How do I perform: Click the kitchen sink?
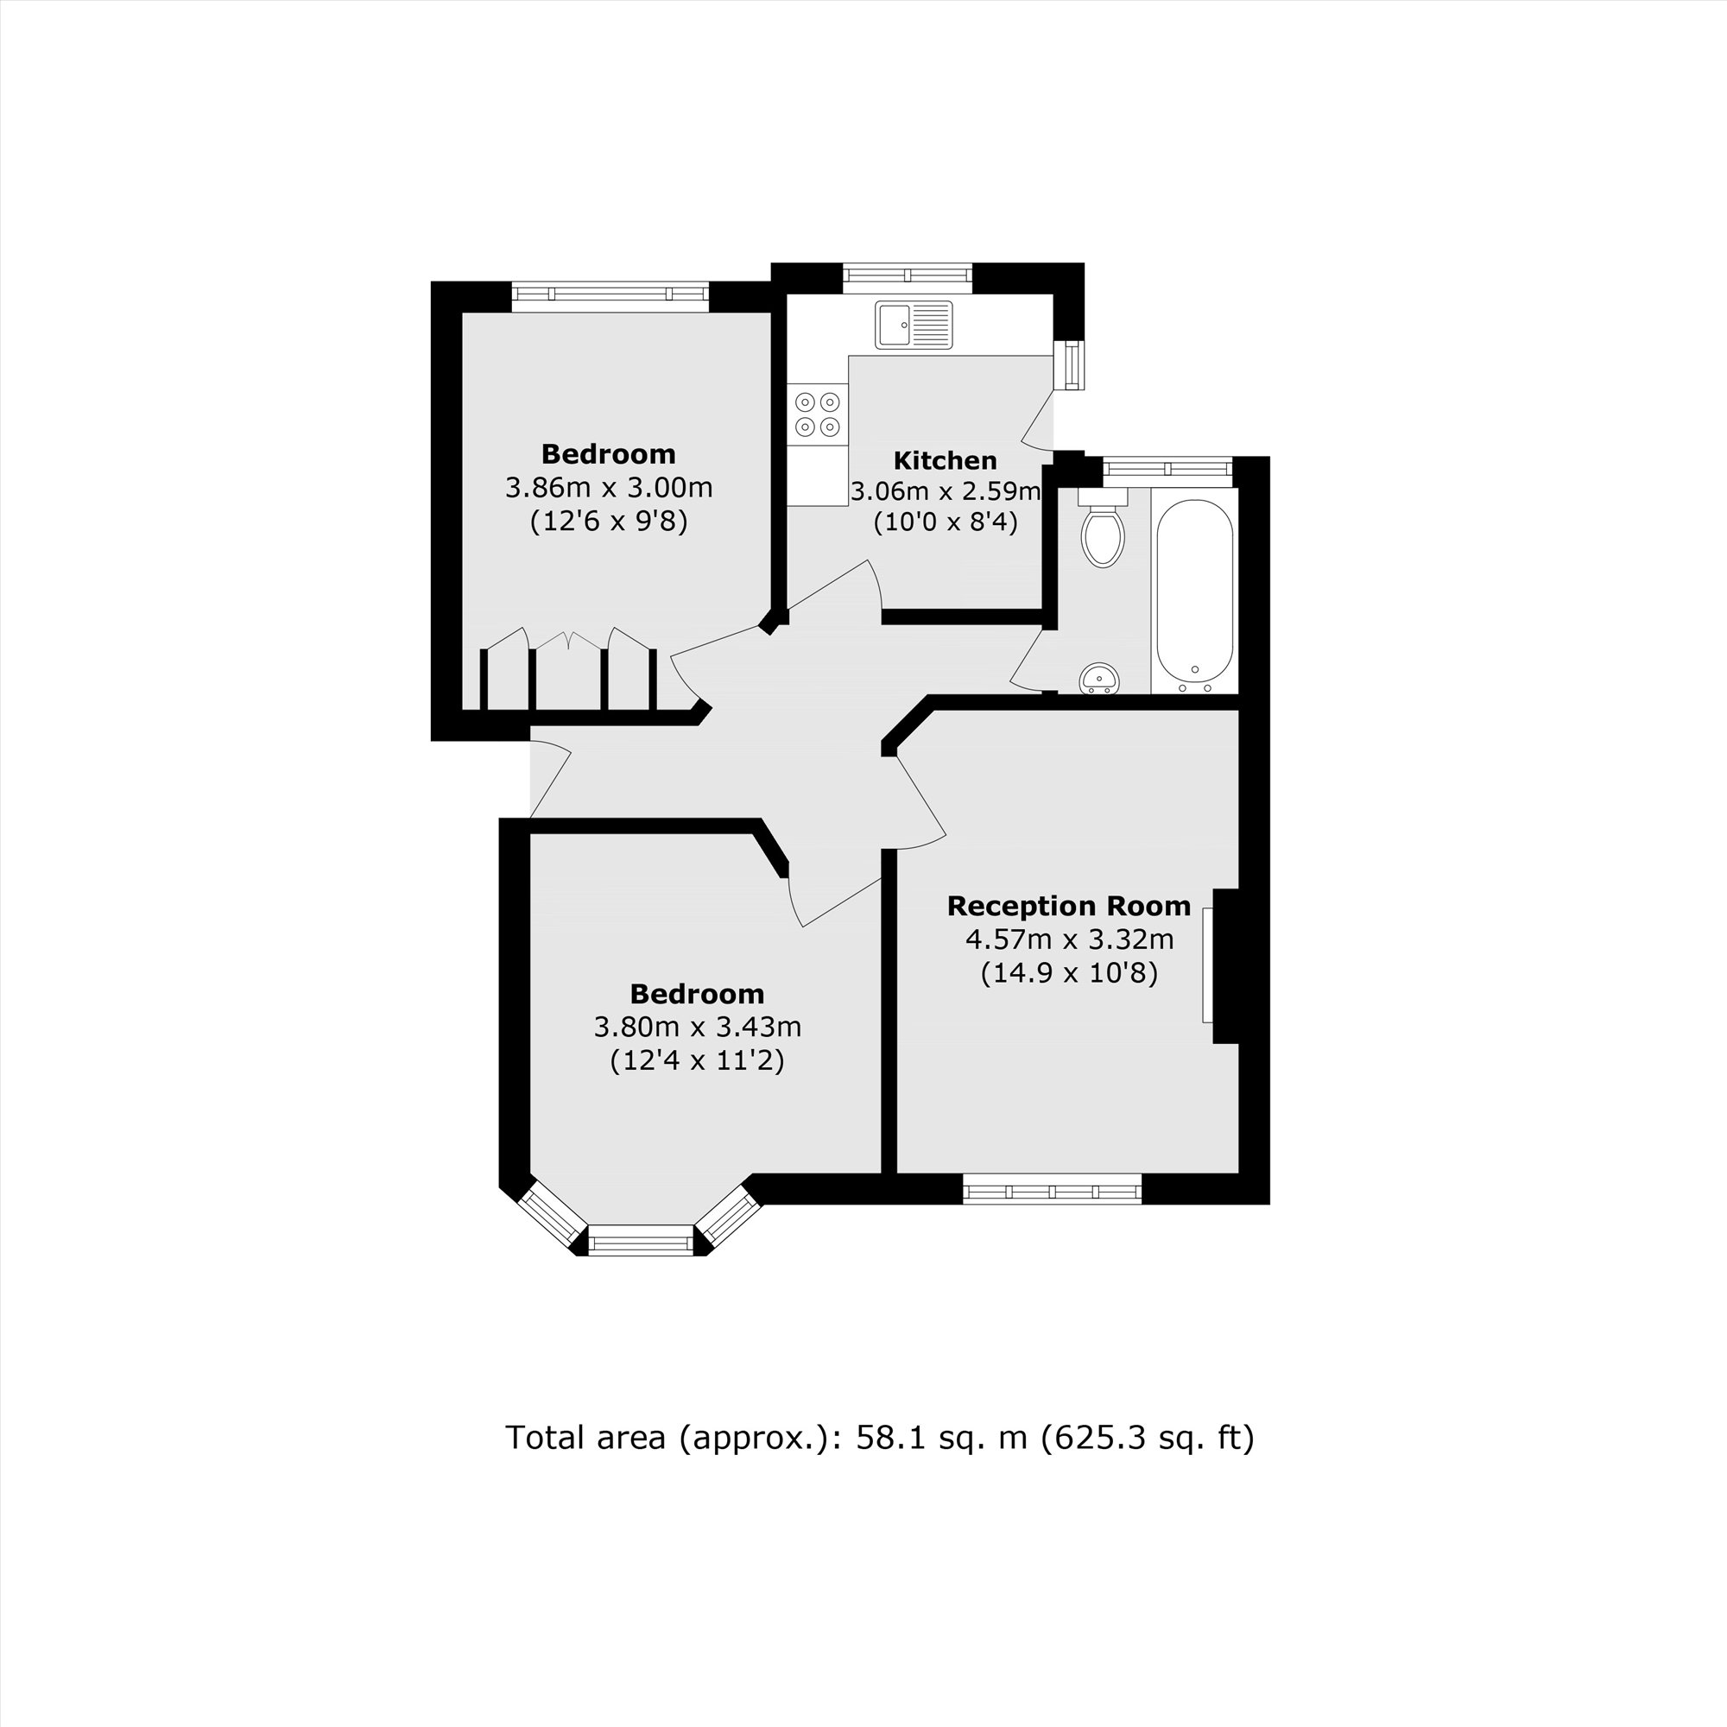click(914, 325)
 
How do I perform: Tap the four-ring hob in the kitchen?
click(818, 414)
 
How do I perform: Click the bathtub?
click(1195, 591)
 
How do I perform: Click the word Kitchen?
click(945, 461)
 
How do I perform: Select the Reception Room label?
click(1068, 907)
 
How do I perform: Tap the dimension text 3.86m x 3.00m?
click(609, 488)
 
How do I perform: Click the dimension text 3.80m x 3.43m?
click(697, 1027)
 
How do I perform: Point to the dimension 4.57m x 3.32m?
click(1069, 939)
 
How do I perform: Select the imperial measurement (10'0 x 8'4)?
click(945, 522)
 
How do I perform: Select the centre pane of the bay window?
click(641, 1242)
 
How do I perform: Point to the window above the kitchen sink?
click(908, 277)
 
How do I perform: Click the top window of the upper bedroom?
click(610, 295)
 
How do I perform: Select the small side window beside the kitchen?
click(1070, 364)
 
